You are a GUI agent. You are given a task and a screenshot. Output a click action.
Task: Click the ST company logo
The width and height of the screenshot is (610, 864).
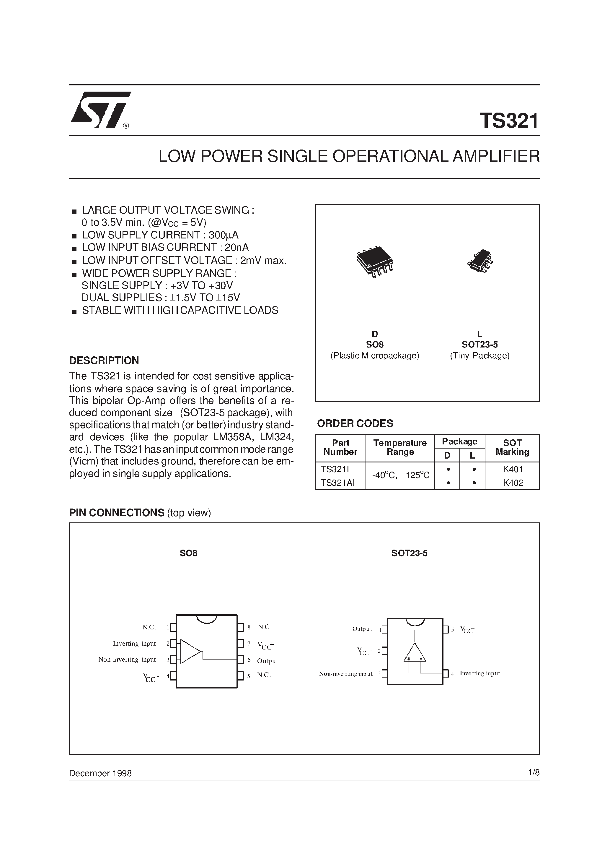(100, 110)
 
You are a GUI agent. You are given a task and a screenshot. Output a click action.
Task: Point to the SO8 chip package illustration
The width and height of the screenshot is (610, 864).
(375, 262)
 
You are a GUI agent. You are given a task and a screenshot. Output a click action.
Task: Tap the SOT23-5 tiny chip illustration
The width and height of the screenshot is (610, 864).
(480, 261)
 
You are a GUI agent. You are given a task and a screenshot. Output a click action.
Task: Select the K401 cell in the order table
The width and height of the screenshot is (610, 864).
(513, 469)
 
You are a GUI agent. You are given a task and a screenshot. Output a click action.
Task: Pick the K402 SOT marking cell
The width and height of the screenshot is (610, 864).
(513, 483)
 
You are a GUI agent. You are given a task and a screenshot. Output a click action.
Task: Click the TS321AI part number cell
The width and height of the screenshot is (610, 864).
(338, 483)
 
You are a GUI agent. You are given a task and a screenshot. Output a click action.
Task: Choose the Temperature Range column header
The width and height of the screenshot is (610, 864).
(400, 447)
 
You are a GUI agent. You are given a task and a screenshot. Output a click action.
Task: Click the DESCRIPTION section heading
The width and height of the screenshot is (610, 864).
(104, 360)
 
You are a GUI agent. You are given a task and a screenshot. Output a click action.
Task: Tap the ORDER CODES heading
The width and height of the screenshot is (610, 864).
(355, 423)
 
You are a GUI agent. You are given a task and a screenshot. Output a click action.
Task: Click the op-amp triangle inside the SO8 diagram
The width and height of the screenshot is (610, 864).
(190, 651)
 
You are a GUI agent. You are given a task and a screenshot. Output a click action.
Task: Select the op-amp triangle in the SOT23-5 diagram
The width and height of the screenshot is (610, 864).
(415, 653)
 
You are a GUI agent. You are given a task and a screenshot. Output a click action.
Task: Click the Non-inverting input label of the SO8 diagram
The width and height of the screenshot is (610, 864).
(127, 659)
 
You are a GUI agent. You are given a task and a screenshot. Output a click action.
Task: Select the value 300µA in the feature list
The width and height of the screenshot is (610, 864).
(224, 235)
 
